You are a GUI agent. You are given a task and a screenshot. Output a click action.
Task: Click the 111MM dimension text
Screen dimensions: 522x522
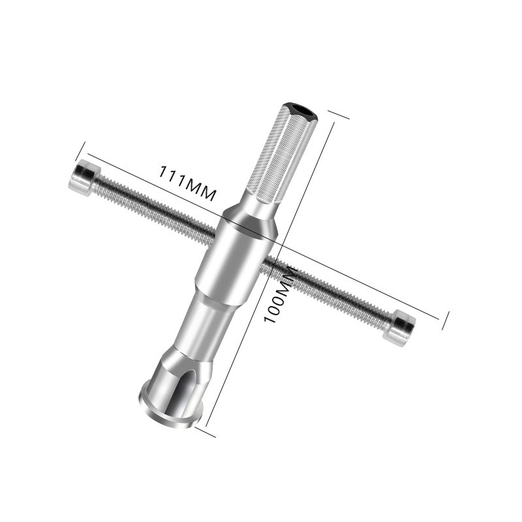(187, 182)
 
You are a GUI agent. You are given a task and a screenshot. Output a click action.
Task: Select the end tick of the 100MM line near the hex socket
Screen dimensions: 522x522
(337, 115)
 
